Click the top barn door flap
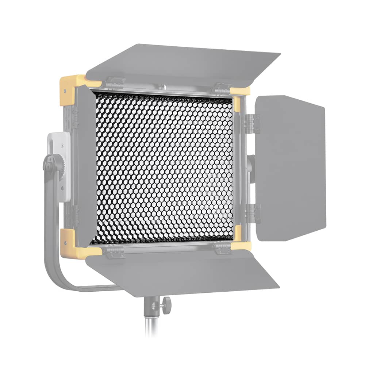coord(182,62)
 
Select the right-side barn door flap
coord(290,168)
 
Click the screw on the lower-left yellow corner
coord(65,242)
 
